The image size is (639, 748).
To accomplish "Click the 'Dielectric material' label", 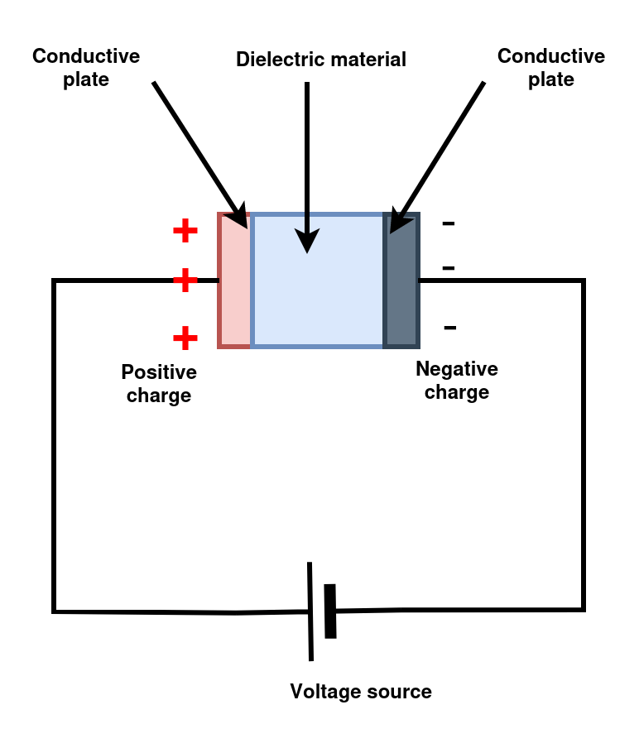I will [321, 60].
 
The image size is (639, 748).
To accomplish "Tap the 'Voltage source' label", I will [361, 692].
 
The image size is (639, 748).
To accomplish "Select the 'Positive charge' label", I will [159, 384].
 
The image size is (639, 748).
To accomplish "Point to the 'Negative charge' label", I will [457, 381].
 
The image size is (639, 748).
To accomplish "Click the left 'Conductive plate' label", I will [86, 68].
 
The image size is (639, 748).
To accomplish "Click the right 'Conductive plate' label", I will [551, 68].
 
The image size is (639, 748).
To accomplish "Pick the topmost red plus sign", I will [185, 231].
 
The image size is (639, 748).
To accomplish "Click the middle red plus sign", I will [185, 280].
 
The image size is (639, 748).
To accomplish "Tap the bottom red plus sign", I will [185, 338].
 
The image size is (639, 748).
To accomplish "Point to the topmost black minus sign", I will [449, 223].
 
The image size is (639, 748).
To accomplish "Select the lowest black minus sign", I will [450, 328].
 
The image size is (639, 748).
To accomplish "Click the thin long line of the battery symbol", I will [310, 611].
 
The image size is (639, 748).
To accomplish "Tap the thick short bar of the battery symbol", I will [330, 611].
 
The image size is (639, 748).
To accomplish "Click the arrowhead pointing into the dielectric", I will [307, 241].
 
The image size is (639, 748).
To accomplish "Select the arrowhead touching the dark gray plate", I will [398, 220].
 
